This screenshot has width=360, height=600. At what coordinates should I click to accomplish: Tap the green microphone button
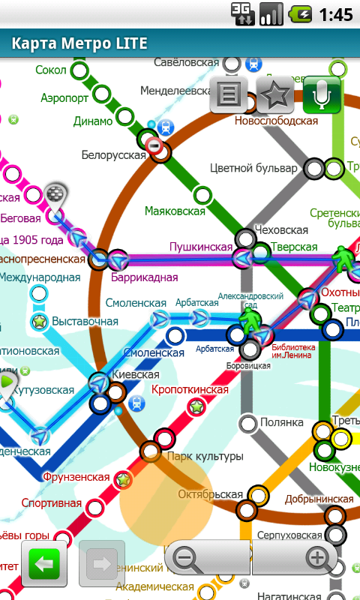click(x=322, y=94)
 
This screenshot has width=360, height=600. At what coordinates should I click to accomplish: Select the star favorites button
click(x=275, y=94)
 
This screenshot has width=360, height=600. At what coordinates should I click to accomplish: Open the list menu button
click(x=229, y=94)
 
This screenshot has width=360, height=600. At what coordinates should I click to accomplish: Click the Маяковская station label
click(x=175, y=211)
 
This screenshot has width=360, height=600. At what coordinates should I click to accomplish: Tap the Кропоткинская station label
click(x=190, y=390)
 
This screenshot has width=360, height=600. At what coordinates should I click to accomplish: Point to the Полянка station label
click(x=282, y=423)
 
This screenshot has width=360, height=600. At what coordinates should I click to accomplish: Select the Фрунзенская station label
click(x=76, y=477)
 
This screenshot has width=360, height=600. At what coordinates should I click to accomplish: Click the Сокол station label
click(x=50, y=70)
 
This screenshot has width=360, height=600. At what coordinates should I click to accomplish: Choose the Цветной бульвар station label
click(x=253, y=167)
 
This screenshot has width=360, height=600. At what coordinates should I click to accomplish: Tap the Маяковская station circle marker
click(x=202, y=196)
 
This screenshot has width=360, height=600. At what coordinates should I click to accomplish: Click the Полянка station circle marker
click(x=248, y=424)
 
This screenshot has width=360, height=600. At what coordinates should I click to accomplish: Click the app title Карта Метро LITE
click(x=79, y=43)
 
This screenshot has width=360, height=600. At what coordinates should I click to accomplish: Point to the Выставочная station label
click(x=85, y=322)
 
